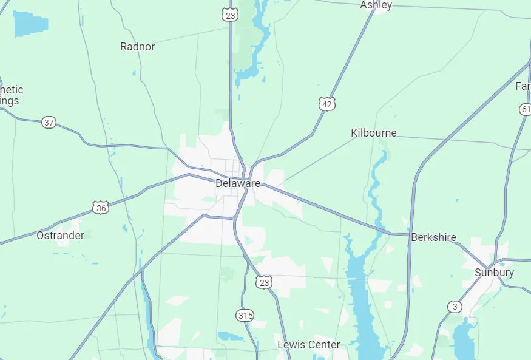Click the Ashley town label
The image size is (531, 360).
pyautogui.click(x=376, y=5)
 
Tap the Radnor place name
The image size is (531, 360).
pyautogui.click(x=138, y=47)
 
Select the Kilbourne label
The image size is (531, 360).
pyautogui.click(x=374, y=133)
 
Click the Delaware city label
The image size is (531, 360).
pyautogui.click(x=238, y=183)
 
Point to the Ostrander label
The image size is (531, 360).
pyautogui.click(x=60, y=235)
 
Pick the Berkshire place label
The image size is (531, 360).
pyautogui.click(x=433, y=237)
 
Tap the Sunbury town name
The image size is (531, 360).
pyautogui.click(x=494, y=273)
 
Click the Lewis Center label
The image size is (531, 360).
pyautogui.click(x=309, y=345)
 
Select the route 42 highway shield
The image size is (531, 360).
pyautogui.click(x=327, y=104)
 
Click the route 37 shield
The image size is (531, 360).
pyautogui.click(x=49, y=123)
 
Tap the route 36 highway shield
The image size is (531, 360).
pyautogui.click(x=101, y=208)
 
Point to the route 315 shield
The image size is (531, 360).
pyautogui.click(x=245, y=316)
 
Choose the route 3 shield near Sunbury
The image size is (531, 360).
pyautogui.click(x=455, y=307)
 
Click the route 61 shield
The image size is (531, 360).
pyautogui.click(x=526, y=109)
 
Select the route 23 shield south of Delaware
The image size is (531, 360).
pyautogui.click(x=263, y=282)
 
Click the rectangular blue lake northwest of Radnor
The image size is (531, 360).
pyautogui.click(x=30, y=24)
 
